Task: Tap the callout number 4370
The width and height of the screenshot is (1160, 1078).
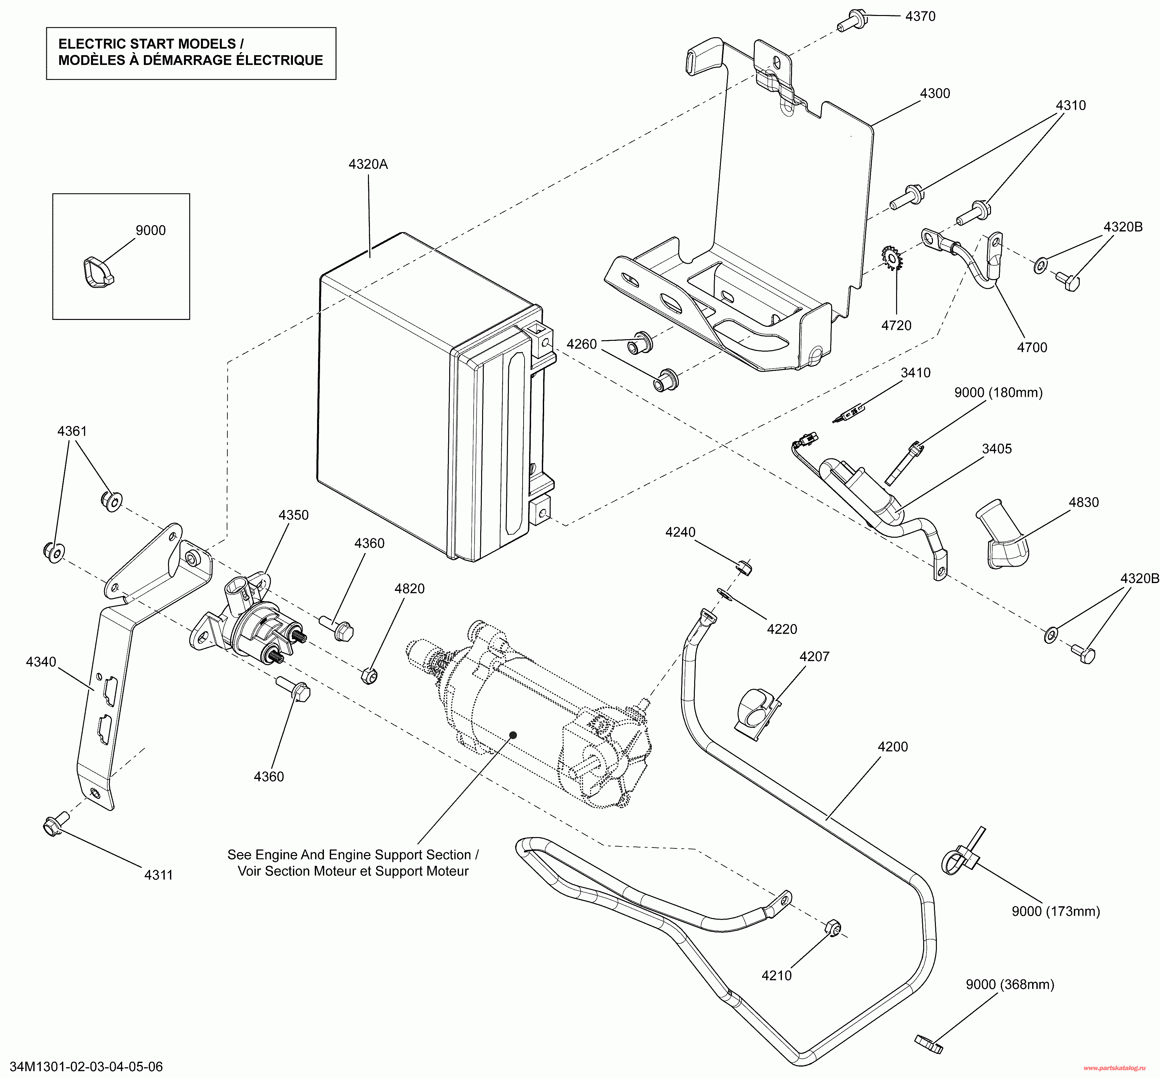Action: [921, 16]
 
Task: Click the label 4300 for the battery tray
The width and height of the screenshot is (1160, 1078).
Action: [935, 93]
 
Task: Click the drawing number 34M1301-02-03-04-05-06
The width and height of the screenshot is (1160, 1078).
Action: [86, 1066]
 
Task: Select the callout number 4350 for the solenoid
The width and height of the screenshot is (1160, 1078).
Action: [293, 515]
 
